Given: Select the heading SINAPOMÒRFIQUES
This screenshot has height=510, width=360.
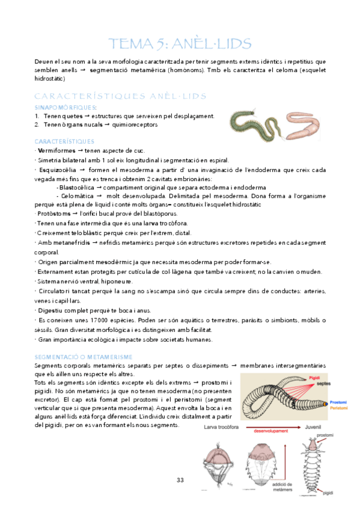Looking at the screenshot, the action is [62, 108].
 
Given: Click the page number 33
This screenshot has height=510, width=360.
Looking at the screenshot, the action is [180, 479].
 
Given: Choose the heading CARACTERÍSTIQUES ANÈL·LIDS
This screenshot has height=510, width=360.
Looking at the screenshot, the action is [121, 96].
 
